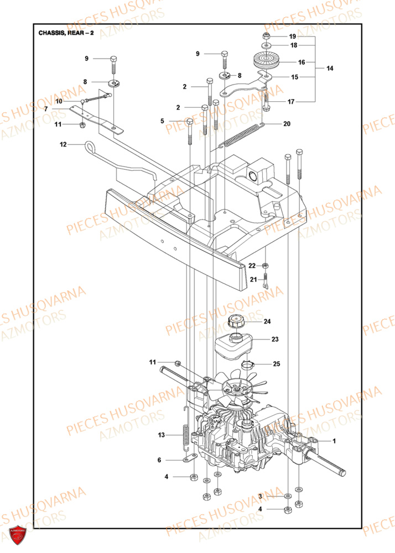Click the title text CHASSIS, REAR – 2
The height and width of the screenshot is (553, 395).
[x=66, y=33]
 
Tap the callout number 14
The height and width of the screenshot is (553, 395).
[x=330, y=69]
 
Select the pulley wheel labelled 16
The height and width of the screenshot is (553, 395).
[x=266, y=60]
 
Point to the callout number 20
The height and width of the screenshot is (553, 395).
[x=287, y=124]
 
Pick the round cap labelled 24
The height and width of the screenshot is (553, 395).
[x=236, y=322]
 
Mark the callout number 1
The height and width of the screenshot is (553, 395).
[x=334, y=441]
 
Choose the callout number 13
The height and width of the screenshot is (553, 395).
[x=162, y=436]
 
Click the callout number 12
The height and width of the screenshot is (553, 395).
[x=63, y=144]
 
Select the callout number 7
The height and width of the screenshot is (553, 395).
[x=46, y=109]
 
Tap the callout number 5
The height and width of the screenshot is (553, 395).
[x=163, y=121]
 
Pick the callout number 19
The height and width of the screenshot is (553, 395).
[x=293, y=36]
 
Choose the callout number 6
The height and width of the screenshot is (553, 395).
[x=159, y=460]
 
